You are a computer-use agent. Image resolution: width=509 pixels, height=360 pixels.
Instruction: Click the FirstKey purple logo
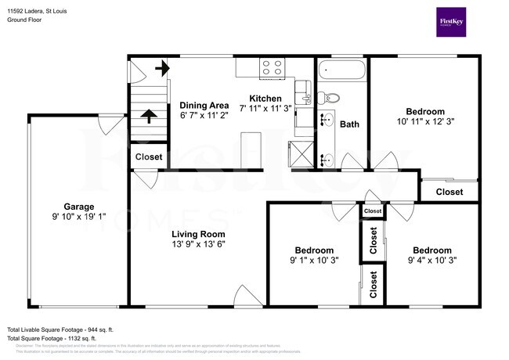point(456,22)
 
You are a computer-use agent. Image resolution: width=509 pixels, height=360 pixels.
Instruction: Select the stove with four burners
point(272,68)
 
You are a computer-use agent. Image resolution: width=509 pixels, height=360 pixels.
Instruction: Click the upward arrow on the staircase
point(146,117)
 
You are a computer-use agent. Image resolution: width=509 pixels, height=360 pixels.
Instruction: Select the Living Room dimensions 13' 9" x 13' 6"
point(198,244)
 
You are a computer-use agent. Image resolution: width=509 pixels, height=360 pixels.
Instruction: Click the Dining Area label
point(204,106)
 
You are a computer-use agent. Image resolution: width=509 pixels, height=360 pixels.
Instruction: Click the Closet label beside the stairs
point(148,157)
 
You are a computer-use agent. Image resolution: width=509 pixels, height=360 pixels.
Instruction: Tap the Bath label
point(349,124)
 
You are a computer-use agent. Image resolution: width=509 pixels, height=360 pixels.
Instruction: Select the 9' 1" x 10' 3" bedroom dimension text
point(313,261)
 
